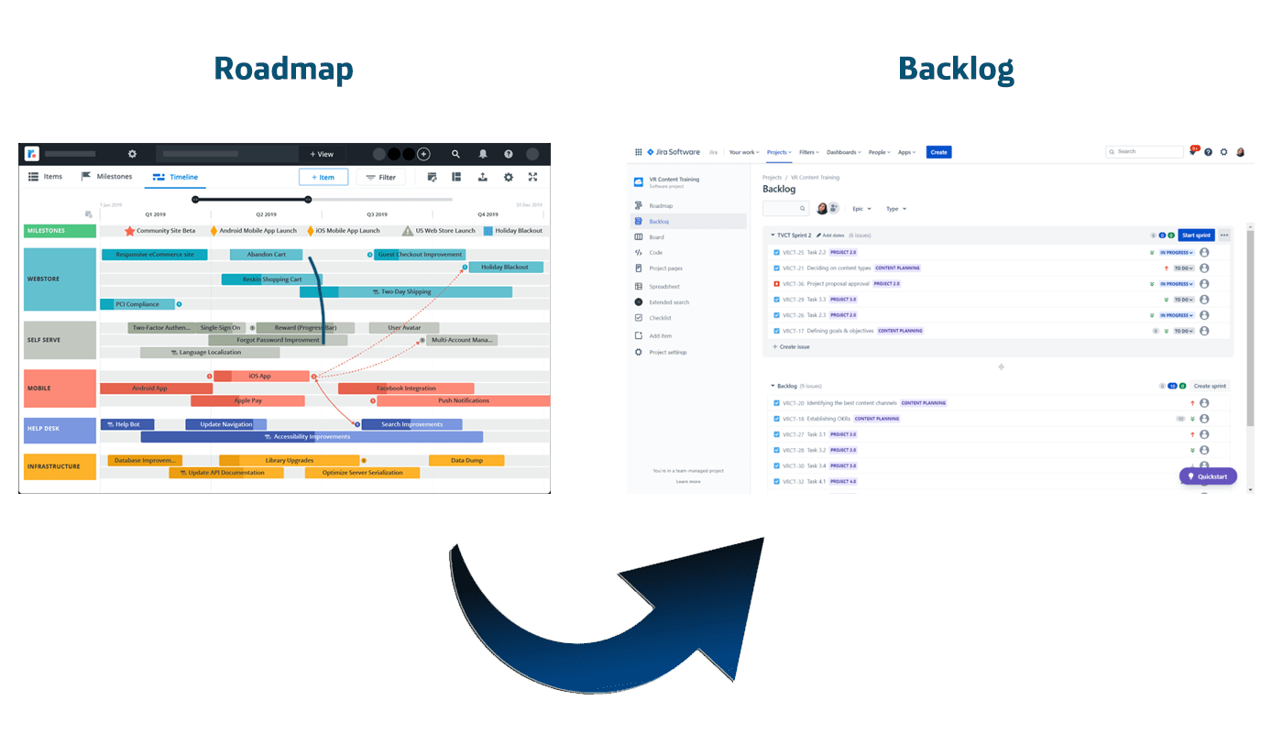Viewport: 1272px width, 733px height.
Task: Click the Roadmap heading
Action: (283, 69)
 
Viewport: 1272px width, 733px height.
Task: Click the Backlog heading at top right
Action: (956, 69)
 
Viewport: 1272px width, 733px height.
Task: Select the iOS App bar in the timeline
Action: (261, 376)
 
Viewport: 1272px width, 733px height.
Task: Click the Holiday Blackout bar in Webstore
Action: (506, 268)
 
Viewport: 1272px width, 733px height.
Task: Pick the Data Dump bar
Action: (466, 461)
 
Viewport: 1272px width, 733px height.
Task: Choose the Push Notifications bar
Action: (463, 400)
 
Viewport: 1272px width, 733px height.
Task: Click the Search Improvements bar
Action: (411, 424)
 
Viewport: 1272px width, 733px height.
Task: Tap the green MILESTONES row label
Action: (60, 231)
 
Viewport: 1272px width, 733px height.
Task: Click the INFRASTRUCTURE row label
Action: (60, 466)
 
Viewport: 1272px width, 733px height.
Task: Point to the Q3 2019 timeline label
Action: (377, 214)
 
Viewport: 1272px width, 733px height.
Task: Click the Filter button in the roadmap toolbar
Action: (380, 177)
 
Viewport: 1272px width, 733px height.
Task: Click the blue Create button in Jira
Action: (938, 152)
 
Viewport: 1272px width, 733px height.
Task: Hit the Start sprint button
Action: (1196, 235)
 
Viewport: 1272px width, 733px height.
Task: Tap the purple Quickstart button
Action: (1208, 476)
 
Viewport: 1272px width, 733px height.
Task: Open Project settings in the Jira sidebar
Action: (667, 352)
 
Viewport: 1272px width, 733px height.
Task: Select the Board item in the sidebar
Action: (656, 237)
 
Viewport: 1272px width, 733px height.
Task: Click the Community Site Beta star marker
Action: (130, 231)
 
